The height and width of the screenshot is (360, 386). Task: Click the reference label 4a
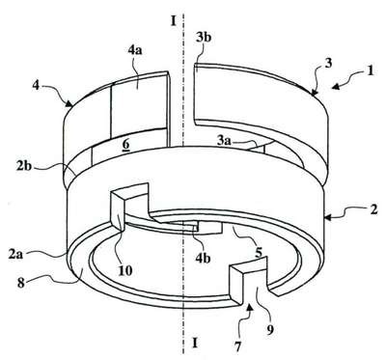pos(135,51)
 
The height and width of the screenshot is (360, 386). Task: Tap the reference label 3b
pos(204,38)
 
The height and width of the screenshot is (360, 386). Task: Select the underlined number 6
pos(125,145)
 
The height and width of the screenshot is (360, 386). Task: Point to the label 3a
pos(224,141)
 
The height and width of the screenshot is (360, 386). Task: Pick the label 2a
pos(16,255)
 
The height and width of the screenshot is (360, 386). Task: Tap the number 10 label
pos(125,270)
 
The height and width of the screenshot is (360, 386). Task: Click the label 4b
pos(203,259)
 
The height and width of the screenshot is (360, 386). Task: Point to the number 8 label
pos(21,284)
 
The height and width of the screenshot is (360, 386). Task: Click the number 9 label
pos(270,329)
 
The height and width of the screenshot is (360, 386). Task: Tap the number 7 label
pos(237,346)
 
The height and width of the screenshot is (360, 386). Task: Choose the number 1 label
pos(371,70)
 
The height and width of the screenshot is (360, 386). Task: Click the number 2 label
pos(373,211)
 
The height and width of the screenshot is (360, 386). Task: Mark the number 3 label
pos(327,63)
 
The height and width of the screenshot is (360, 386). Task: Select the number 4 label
pos(36,86)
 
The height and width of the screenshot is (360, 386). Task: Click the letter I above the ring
pos(174,21)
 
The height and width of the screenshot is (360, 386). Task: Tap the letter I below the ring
pos(194,343)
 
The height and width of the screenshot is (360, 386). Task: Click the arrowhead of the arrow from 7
pos(249,309)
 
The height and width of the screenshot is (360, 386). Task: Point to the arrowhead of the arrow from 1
pos(336,87)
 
